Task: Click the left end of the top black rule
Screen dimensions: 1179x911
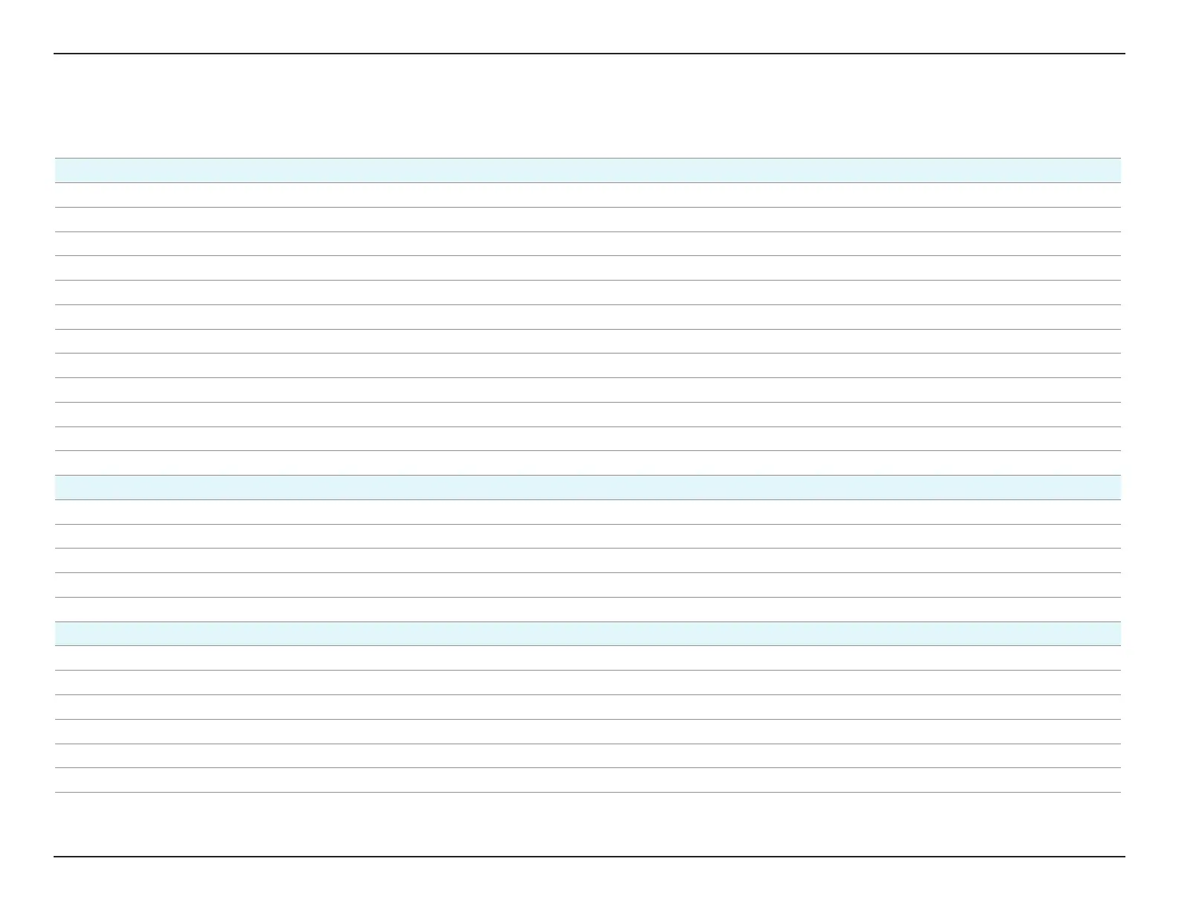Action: pyautogui.click(x=55, y=54)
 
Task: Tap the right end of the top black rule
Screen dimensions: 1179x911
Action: pyautogui.click(x=1124, y=54)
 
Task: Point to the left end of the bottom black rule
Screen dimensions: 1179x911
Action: pyautogui.click(x=55, y=857)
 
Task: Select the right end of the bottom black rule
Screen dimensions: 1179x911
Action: pyautogui.click(x=1124, y=857)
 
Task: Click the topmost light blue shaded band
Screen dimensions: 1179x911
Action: pyautogui.click(x=588, y=170)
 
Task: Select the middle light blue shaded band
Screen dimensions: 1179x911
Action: pyautogui.click(x=588, y=488)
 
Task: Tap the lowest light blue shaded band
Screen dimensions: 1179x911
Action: pyautogui.click(x=588, y=634)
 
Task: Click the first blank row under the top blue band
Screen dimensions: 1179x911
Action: pyautogui.click(x=588, y=195)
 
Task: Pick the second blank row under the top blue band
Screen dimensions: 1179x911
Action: pyautogui.click(x=588, y=220)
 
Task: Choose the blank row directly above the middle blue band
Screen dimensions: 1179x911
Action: pyautogui.click(x=588, y=463)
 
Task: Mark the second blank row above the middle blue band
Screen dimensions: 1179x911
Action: pyautogui.click(x=588, y=439)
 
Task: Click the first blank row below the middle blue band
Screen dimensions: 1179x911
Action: pyautogui.click(x=588, y=512)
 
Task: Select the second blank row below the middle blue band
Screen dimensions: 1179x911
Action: pyautogui.click(x=588, y=537)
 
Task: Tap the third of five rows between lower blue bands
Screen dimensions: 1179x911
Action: pyautogui.click(x=588, y=560)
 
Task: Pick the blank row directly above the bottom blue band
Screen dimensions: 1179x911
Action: pyautogui.click(x=588, y=610)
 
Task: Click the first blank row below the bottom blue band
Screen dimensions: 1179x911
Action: pyautogui.click(x=588, y=658)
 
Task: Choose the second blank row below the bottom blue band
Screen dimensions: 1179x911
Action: pyautogui.click(x=588, y=683)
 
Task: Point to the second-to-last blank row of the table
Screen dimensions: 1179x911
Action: pyautogui.click(x=588, y=756)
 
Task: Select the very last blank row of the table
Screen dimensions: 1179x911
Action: pyautogui.click(x=588, y=780)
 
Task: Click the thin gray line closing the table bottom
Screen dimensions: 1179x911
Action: pyautogui.click(x=588, y=793)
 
